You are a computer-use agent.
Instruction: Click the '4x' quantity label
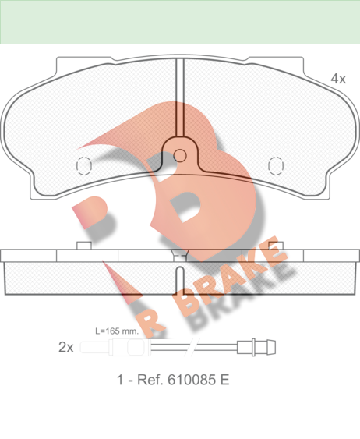click(338, 79)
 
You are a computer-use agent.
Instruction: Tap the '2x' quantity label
click(66, 347)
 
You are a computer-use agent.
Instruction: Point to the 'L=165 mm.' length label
click(117, 331)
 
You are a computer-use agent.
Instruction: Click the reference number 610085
click(192, 380)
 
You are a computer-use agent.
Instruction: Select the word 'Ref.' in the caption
click(150, 380)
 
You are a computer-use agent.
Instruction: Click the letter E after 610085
click(225, 380)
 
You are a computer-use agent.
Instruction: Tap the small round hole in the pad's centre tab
click(179, 156)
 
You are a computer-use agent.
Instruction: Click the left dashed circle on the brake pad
click(84, 166)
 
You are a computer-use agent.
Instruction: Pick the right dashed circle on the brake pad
click(276, 166)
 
